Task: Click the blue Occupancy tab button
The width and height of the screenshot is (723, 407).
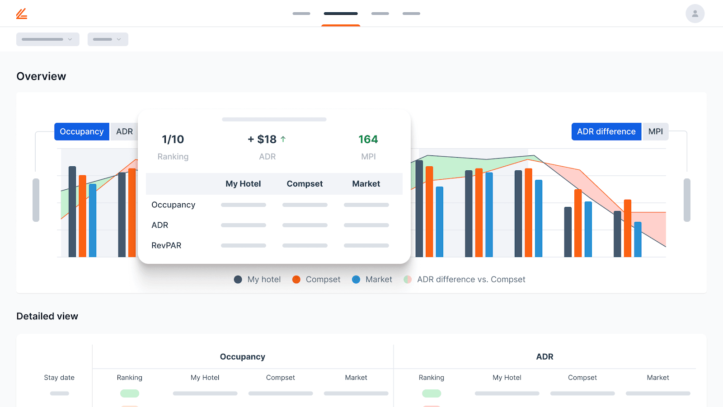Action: coord(82,131)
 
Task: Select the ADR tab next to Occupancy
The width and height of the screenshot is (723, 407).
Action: coord(124,131)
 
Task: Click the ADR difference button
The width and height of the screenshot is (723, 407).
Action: coord(606,131)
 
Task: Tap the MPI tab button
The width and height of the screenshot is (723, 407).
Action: coord(655,131)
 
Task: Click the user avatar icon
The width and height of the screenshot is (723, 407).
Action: coord(695,14)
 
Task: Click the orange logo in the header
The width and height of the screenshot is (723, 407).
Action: coord(22,14)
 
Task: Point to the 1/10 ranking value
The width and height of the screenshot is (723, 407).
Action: coord(173,139)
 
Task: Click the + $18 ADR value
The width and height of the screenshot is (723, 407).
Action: coord(262,139)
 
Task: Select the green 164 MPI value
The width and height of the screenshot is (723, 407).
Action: coord(368,139)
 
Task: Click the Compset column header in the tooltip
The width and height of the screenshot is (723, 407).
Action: coord(305,184)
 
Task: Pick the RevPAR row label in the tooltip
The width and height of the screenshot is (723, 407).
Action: coord(166,245)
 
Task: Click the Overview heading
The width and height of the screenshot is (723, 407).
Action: coord(41,76)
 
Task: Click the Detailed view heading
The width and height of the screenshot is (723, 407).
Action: coord(47,316)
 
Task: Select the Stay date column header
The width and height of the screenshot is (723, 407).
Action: coord(59,378)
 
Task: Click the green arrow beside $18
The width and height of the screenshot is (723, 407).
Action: coord(283,139)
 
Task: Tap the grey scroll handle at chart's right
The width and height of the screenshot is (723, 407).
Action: coord(687,200)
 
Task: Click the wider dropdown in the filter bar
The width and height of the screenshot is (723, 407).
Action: coord(48,39)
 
